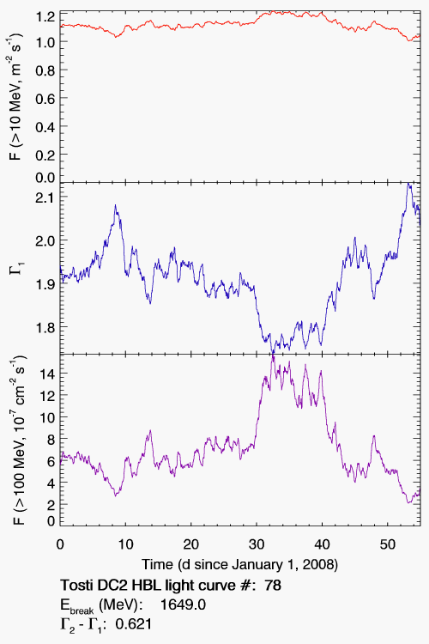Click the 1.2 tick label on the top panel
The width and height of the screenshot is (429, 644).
pyautogui.click(x=45, y=17)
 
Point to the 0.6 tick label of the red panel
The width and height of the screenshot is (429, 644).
pyautogui.click(x=45, y=98)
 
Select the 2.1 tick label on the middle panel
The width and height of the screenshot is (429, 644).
pyautogui.click(x=45, y=197)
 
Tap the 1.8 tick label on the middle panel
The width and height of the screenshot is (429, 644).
pyautogui.click(x=45, y=327)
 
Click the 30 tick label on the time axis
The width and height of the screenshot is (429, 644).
pyautogui.click(x=257, y=544)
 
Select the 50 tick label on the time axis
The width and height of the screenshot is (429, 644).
pyautogui.click(x=388, y=544)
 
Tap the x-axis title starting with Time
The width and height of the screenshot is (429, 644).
pyautogui.click(x=240, y=565)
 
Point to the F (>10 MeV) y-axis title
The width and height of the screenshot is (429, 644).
pyautogui.click(x=17, y=97)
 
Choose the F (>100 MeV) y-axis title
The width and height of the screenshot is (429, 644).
pyautogui.click(x=19, y=440)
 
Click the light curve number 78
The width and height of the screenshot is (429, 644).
pyautogui.click(x=273, y=585)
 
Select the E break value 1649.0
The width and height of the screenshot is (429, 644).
pyautogui.click(x=183, y=605)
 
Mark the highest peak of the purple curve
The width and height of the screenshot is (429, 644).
pyautogui.click(x=273, y=355)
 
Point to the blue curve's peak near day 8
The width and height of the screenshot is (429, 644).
pyautogui.click(x=115, y=205)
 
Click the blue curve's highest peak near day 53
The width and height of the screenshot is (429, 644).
pyautogui.click(x=408, y=184)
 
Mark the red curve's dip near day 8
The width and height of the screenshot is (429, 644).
pyautogui.click(x=116, y=37)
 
